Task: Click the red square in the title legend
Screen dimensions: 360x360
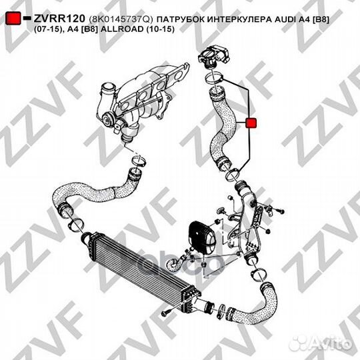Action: [x=12, y=19]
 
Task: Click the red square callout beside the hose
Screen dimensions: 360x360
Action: [x=251, y=122]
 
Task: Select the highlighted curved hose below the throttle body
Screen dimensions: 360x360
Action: [x=223, y=127]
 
